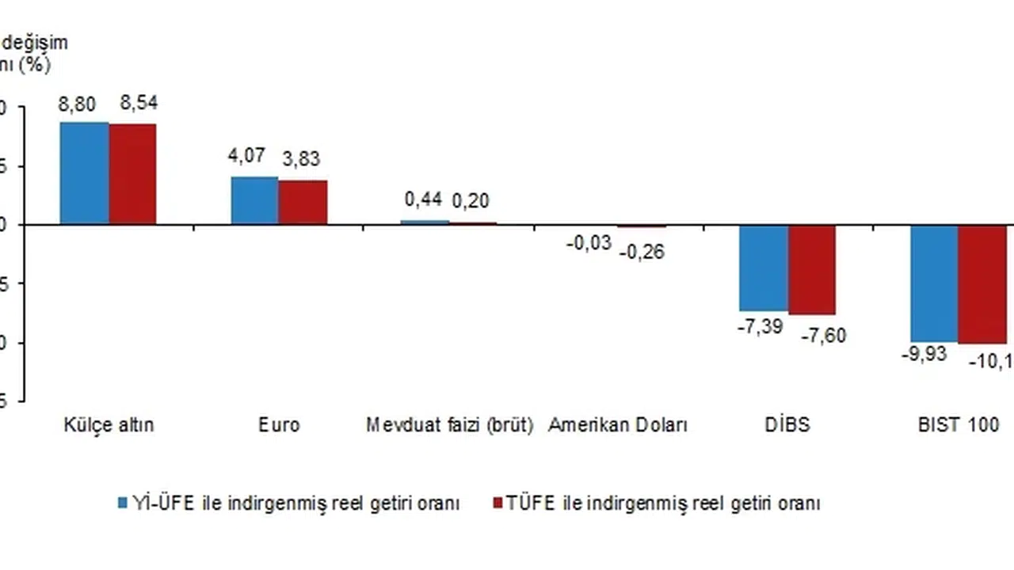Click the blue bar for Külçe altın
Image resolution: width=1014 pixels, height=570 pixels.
(85, 173)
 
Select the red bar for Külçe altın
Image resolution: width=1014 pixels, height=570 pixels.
(132, 174)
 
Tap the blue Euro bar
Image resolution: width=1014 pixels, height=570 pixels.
(254, 200)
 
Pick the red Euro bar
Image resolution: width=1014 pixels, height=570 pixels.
(303, 203)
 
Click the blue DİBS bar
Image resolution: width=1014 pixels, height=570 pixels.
(764, 268)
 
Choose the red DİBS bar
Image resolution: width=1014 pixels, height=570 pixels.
(811, 270)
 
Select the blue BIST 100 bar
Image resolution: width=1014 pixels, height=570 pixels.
(934, 283)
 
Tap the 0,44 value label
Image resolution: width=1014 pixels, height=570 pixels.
(424, 200)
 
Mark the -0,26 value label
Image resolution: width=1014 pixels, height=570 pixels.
(642, 253)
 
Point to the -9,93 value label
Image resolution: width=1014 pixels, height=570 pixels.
(924, 355)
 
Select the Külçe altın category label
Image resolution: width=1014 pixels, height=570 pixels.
(109, 425)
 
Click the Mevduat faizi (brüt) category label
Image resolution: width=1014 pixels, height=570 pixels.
(449, 425)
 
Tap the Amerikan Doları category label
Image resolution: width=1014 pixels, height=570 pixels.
(618, 425)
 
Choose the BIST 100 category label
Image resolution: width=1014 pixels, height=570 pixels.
(959, 425)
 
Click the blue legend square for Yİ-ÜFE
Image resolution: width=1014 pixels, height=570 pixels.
(123, 503)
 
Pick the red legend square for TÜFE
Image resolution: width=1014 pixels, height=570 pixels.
(498, 503)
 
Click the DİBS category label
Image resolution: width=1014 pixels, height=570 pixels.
(788, 425)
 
